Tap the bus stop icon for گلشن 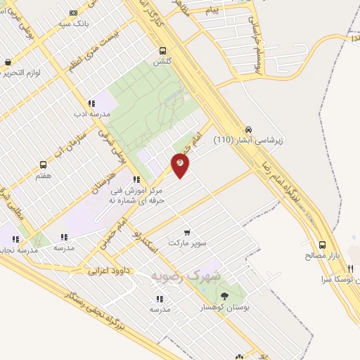click(163, 51)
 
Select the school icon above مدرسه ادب click(91, 103)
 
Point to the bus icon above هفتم click(44, 165)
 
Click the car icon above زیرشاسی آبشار click(249, 129)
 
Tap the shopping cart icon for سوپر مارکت click(186, 232)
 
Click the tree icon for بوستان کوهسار click(224, 296)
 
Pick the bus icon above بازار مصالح click(322, 245)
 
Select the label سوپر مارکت click(188, 243)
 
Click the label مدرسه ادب click(92, 113)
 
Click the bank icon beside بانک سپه click(74, 13)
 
